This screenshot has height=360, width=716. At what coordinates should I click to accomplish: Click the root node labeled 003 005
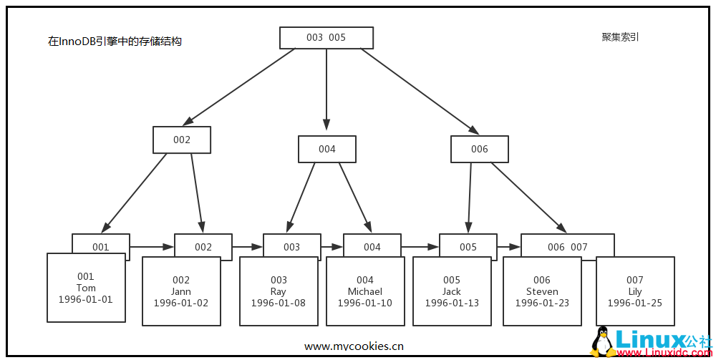326,38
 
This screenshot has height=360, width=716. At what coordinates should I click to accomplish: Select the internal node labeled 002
182,140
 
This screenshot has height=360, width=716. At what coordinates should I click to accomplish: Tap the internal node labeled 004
327,149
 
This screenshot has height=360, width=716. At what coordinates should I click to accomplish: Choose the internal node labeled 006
479,149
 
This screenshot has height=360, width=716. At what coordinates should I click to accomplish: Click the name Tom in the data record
86,288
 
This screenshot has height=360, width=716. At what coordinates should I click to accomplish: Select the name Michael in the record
365,291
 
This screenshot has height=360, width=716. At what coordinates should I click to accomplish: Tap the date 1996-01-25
634,303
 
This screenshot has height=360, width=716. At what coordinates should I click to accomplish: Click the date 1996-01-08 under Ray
279,303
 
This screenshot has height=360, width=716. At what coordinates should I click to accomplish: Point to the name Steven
542,291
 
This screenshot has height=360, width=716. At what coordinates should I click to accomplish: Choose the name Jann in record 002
181,291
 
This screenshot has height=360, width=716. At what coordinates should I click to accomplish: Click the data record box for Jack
452,291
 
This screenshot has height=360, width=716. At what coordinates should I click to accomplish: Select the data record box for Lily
634,291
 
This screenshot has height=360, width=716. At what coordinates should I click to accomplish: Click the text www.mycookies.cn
354,346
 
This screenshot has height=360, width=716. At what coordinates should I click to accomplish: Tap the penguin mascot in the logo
604,341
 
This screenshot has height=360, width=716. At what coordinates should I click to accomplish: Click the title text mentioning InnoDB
115,42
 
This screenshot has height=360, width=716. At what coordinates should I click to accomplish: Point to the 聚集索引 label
620,37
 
